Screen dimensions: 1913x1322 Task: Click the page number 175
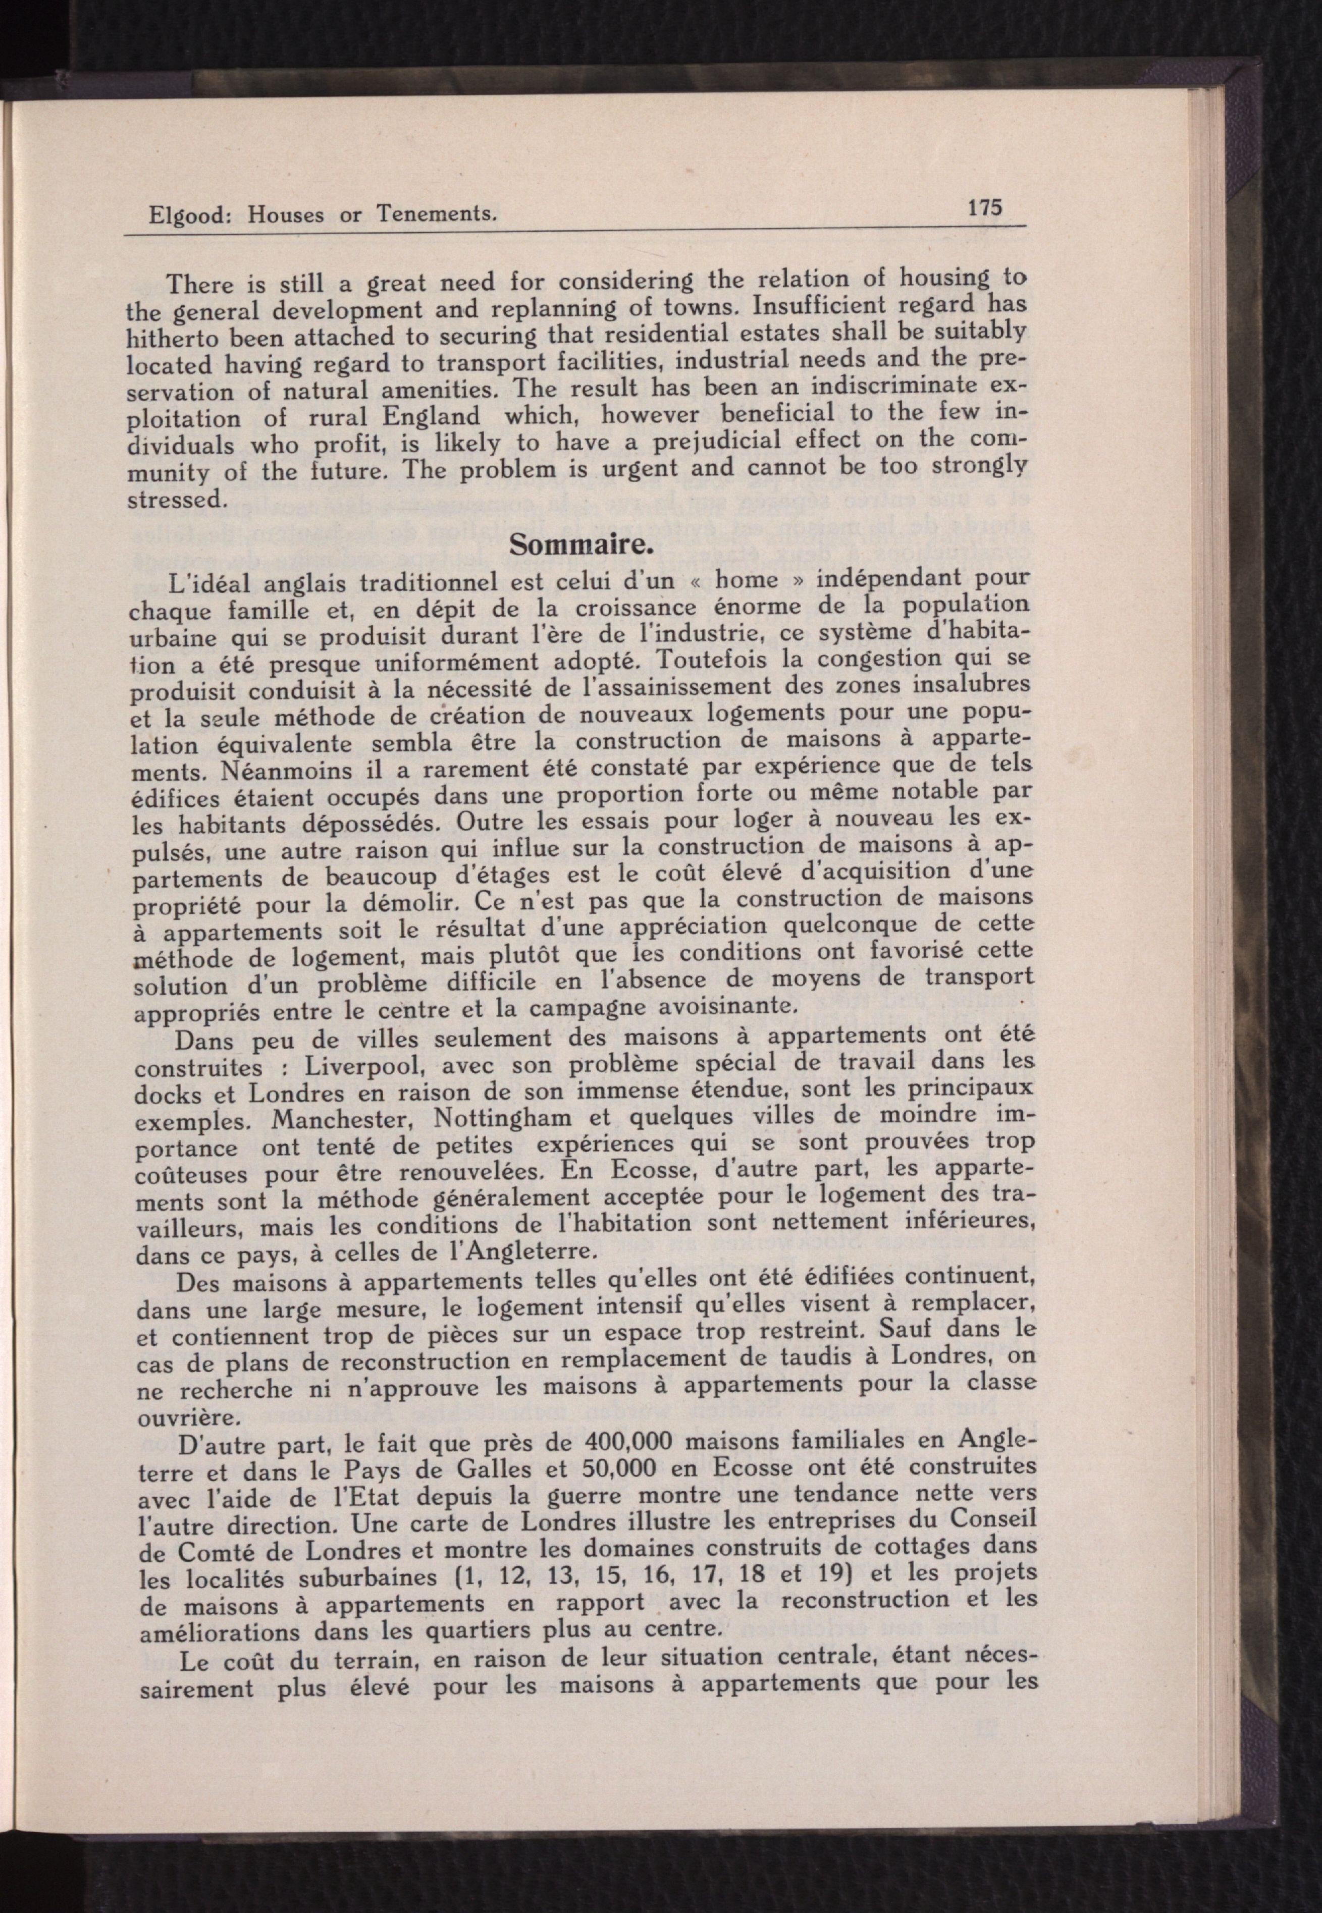click(x=985, y=206)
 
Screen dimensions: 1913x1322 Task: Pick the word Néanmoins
click(x=274, y=772)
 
